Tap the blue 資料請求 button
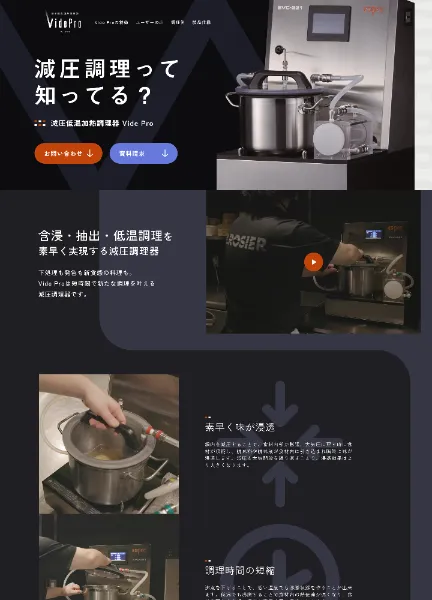tap(143, 153)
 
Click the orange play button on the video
tap(313, 262)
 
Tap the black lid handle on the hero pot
tap(277, 78)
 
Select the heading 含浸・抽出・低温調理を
tap(105, 237)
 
